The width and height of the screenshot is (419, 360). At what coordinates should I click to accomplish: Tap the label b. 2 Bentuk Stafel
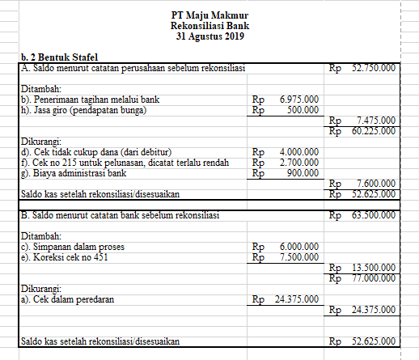pyautogui.click(x=58, y=58)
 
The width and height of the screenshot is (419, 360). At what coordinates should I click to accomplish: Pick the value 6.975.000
pyautogui.click(x=298, y=99)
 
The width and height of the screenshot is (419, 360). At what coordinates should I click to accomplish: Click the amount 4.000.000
pyautogui.click(x=298, y=150)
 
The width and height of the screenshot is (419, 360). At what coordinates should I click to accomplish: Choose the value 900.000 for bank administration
pyautogui.click(x=302, y=172)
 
